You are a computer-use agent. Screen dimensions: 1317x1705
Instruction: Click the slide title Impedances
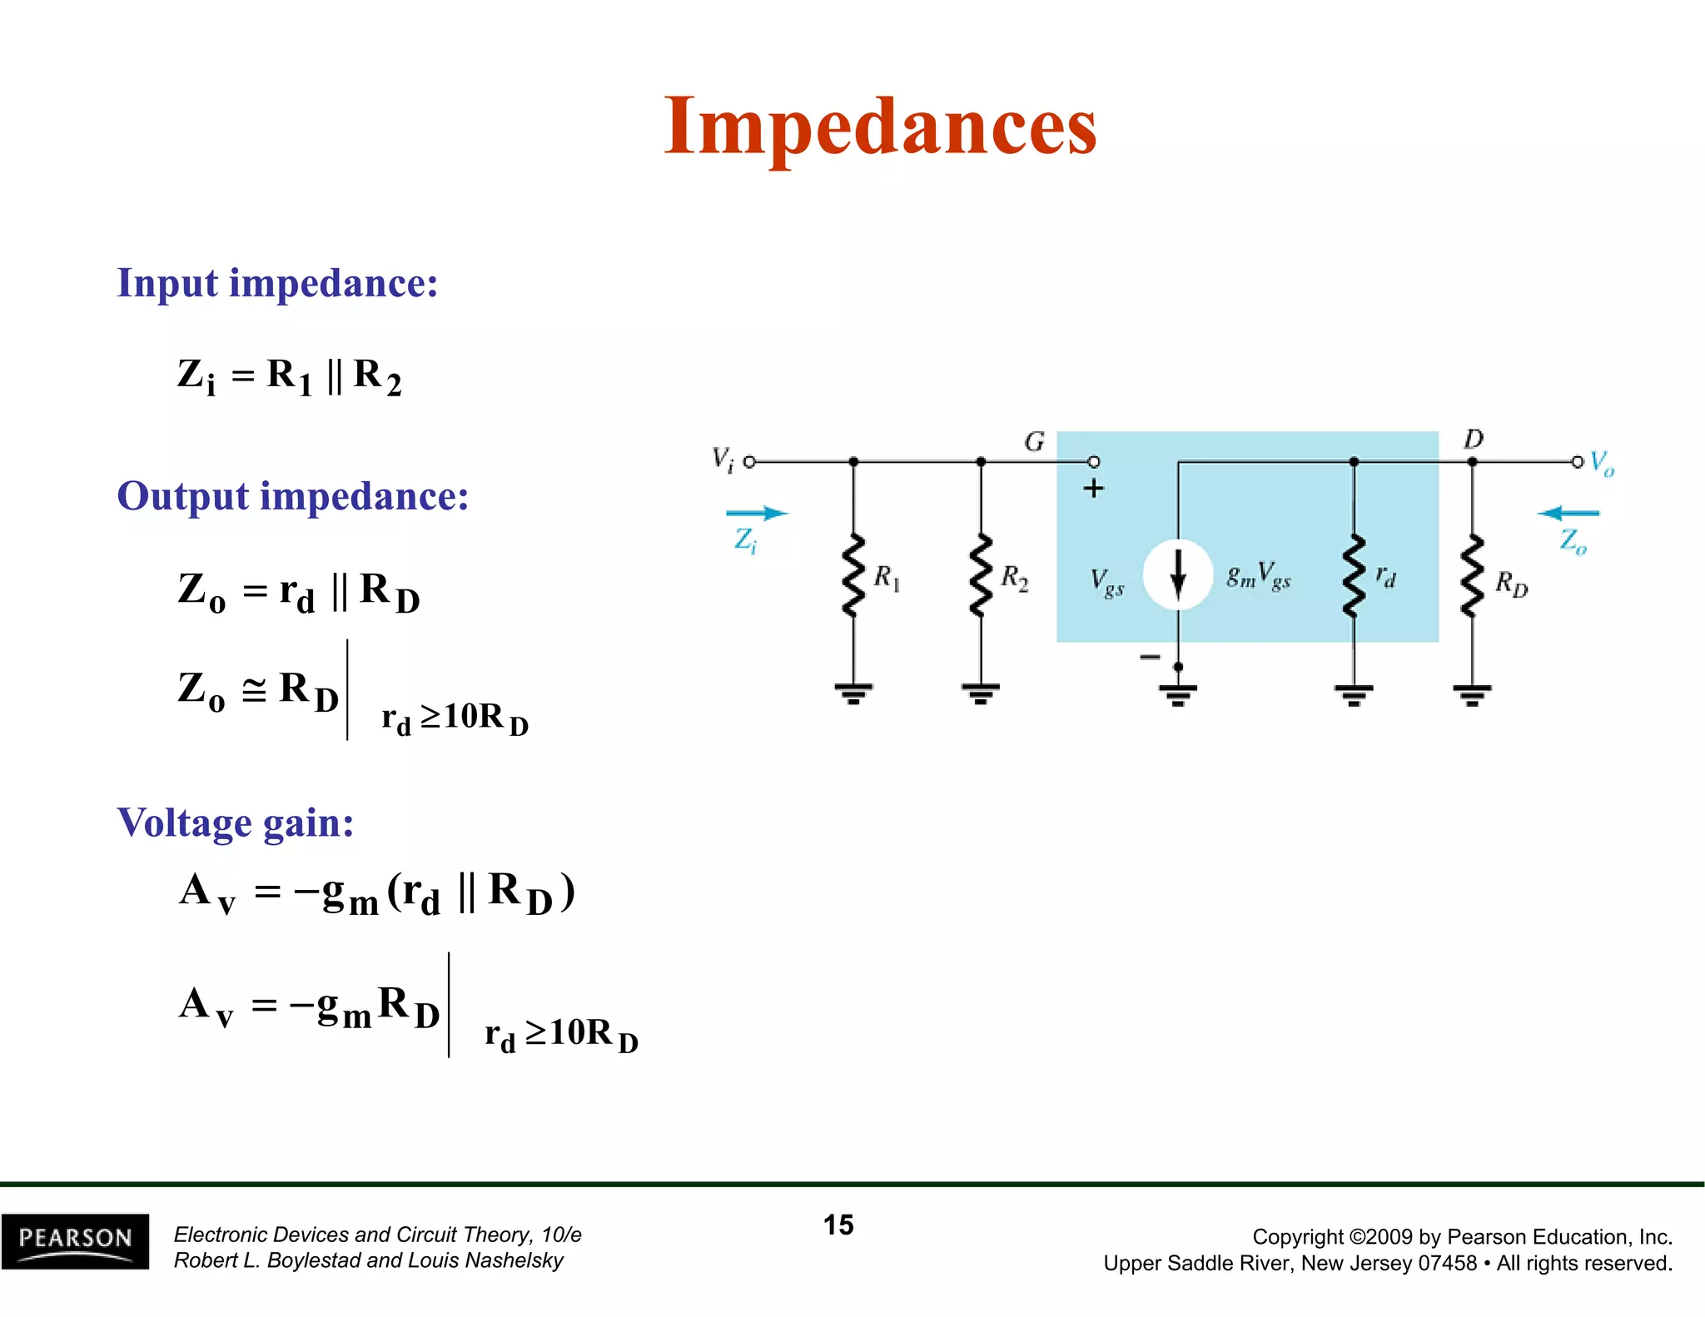(x=880, y=127)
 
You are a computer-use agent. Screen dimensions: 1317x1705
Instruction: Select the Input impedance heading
(x=277, y=283)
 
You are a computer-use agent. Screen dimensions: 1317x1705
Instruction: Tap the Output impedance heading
(x=292, y=496)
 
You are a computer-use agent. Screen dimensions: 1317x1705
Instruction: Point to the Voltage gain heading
(x=236, y=823)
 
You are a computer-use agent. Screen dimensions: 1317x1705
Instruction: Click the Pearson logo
(x=75, y=1241)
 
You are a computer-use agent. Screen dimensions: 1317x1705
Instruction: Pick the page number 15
(x=838, y=1225)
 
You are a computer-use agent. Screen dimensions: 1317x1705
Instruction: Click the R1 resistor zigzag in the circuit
(x=852, y=575)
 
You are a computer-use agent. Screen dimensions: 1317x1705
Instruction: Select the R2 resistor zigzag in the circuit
(x=981, y=575)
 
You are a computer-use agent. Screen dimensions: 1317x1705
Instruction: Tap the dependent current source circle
(x=1177, y=574)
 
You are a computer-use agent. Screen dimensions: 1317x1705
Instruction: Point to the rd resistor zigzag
(x=1354, y=575)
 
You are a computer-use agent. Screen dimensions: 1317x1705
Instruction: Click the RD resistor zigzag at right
(x=1472, y=575)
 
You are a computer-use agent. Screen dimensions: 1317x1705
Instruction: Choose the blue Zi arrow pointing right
(x=756, y=513)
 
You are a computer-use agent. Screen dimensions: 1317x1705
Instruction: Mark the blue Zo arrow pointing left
(x=1568, y=513)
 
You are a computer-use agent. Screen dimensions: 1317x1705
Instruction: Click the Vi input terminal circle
(x=749, y=461)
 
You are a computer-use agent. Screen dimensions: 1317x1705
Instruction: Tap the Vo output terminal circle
(x=1577, y=461)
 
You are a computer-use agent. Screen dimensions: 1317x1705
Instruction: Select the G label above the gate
(x=1034, y=441)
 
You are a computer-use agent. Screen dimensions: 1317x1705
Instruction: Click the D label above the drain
(x=1473, y=439)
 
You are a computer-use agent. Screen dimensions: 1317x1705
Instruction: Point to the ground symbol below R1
(x=852, y=693)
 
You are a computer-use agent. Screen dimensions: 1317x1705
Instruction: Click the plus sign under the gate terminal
(x=1093, y=489)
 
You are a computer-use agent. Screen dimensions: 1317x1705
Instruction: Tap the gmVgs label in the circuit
(x=1258, y=575)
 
